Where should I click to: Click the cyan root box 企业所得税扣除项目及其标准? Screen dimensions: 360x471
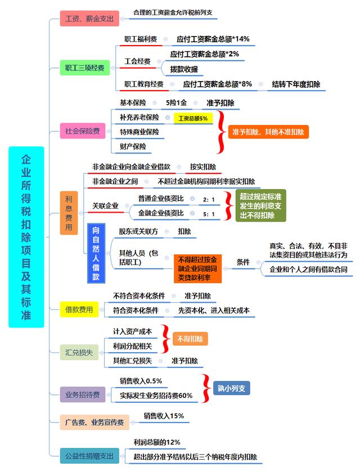pyautogui.click(x=26, y=237)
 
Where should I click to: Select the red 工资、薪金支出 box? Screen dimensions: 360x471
pyautogui.click(x=89, y=19)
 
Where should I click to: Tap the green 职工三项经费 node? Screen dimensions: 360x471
pyautogui.click(x=85, y=68)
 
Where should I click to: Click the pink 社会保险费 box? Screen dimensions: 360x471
pyautogui.click(x=83, y=131)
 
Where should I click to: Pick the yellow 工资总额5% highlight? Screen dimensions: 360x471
pyautogui.click(x=193, y=118)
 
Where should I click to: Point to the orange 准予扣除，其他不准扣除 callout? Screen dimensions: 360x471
pyautogui.click(x=268, y=132)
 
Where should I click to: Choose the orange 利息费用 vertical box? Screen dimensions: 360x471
pyautogui.click(x=69, y=213)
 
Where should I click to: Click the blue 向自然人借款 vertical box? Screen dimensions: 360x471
pyautogui.click(x=96, y=253)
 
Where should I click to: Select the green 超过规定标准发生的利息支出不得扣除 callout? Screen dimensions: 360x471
pyautogui.click(x=260, y=206)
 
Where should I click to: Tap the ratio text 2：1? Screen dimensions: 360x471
pyautogui.click(x=209, y=200)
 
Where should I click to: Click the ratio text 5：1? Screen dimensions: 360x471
pyautogui.click(x=209, y=214)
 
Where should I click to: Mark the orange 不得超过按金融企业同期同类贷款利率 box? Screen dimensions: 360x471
pyautogui.click(x=197, y=268)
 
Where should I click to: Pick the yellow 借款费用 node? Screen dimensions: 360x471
pyautogui.click(x=79, y=309)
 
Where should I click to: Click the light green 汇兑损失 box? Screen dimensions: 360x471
pyautogui.click(x=79, y=352)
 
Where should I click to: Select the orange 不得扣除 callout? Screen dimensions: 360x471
pyautogui.click(x=190, y=339)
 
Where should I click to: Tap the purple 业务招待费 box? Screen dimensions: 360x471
pyautogui.click(x=83, y=394)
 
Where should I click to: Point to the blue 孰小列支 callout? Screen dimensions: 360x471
pyautogui.click(x=231, y=388)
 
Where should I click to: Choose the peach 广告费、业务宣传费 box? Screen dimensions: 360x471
pyautogui.click(x=94, y=423)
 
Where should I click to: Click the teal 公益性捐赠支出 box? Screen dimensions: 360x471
pyautogui.click(x=89, y=456)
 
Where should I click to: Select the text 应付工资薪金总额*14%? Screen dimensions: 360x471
pyautogui.click(x=213, y=39)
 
